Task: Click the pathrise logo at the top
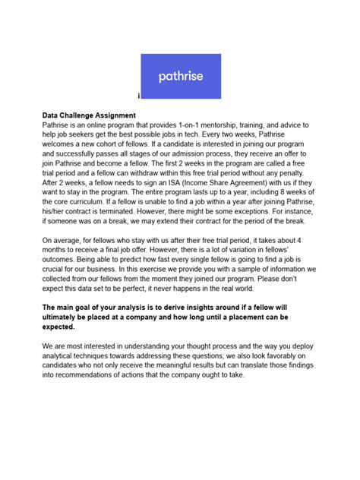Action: point(180,76)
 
